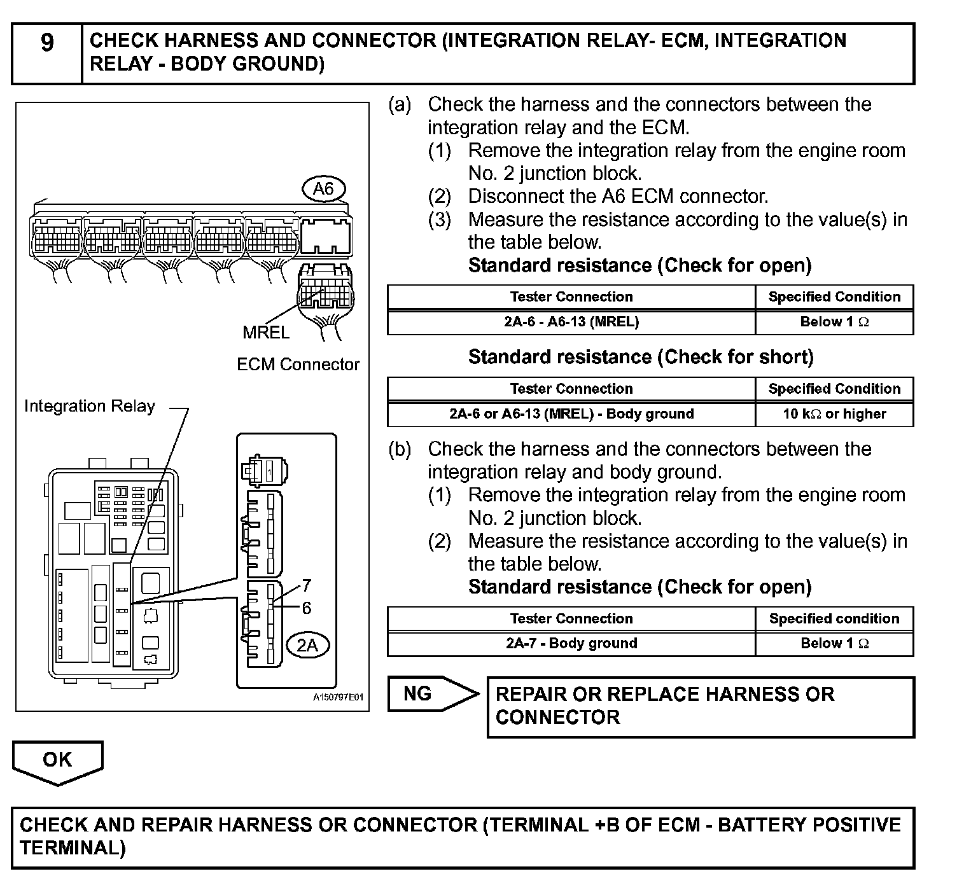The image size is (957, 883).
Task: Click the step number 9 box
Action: click(x=47, y=53)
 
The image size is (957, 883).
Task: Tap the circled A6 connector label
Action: click(x=323, y=189)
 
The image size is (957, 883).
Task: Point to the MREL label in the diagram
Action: click(x=266, y=332)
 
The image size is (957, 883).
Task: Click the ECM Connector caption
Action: click(x=298, y=365)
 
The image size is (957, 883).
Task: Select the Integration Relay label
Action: click(x=89, y=406)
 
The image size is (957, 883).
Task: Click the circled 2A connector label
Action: click(x=307, y=646)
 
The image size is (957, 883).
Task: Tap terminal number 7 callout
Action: click(x=307, y=585)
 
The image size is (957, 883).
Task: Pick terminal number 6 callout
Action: click(x=307, y=608)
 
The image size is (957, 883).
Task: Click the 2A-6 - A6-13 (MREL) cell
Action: click(x=571, y=322)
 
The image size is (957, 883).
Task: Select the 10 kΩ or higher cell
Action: click(x=834, y=414)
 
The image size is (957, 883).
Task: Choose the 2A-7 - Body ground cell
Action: click(x=571, y=644)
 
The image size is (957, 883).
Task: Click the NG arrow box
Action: click(x=433, y=693)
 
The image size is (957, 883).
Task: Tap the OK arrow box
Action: click(x=57, y=760)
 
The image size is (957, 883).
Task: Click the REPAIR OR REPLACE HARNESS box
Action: click(x=700, y=706)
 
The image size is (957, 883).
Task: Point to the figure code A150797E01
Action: click(x=338, y=697)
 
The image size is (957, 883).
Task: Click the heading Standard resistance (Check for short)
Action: click(x=640, y=358)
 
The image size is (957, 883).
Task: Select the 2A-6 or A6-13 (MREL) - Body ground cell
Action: click(x=571, y=414)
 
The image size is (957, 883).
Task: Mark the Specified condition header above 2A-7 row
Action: click(x=834, y=619)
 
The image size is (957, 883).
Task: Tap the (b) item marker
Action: click(x=400, y=449)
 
